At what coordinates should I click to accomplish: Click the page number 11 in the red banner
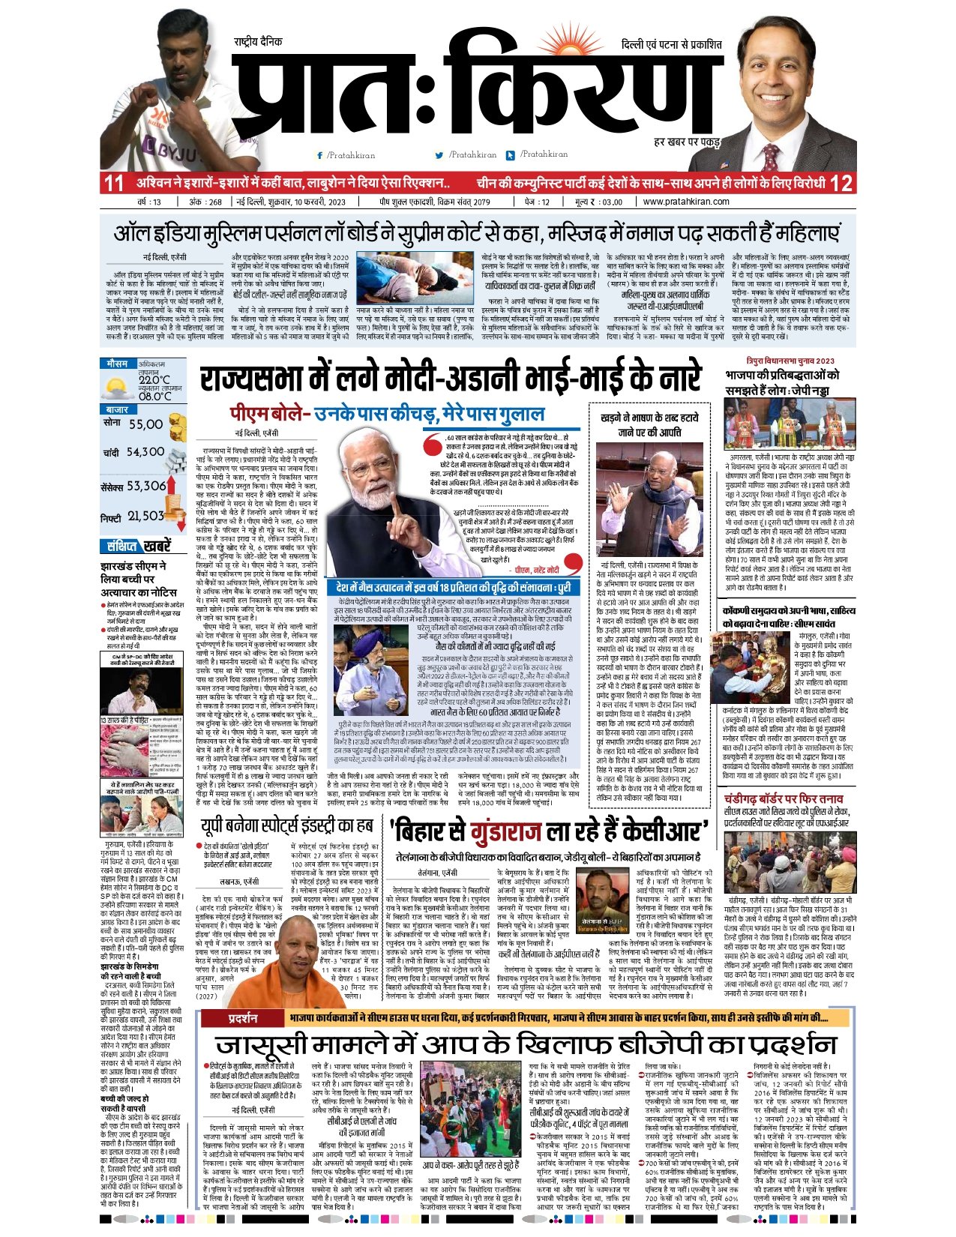pos(114,183)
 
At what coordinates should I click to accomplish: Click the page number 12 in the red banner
pos(841,183)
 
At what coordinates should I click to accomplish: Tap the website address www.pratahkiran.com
pos(686,202)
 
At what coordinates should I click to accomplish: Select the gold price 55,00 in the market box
pos(145,424)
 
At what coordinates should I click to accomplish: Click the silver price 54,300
pos(145,452)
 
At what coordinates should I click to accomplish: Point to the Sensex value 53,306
pos(146,486)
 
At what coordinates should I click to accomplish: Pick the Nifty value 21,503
pos(145,516)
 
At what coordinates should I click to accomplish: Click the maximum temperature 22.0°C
pos(154,380)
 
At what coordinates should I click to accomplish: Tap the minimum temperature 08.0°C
pos(154,397)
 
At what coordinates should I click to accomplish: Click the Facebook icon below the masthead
pos(320,156)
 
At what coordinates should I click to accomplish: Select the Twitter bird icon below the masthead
pos(439,156)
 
